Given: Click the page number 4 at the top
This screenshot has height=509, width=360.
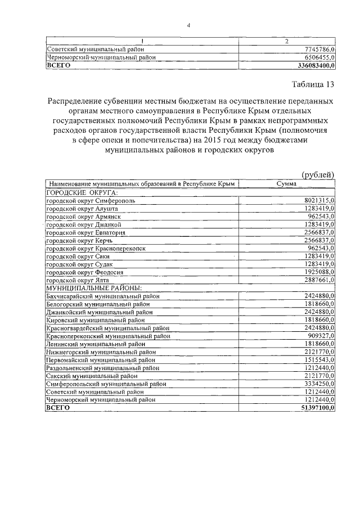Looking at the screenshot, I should click(189, 25).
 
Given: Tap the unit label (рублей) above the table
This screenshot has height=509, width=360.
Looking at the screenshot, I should click(318, 175).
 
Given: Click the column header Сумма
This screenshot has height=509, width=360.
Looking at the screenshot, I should click(287, 184).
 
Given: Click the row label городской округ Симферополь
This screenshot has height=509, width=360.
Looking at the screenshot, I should click(90, 200).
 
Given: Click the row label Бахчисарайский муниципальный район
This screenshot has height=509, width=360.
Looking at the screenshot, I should click(103, 296).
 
